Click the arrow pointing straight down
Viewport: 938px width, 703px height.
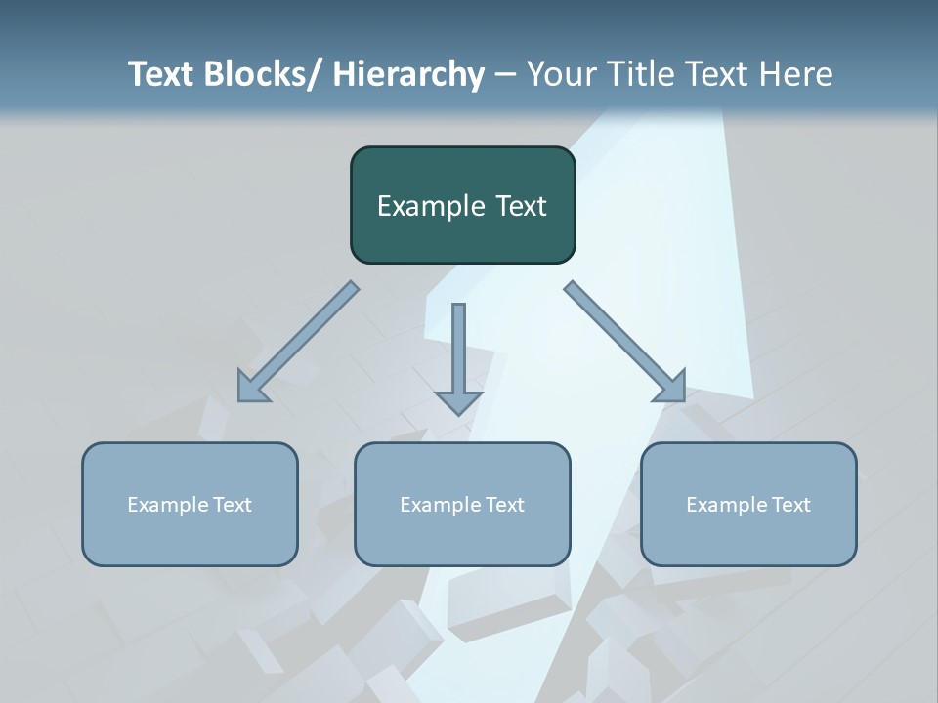click(x=458, y=357)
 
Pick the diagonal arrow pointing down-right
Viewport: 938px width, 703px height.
click(x=624, y=341)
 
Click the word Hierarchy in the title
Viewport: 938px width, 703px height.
click(x=408, y=74)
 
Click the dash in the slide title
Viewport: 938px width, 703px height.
click(x=505, y=74)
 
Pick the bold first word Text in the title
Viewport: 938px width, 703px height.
click(x=160, y=74)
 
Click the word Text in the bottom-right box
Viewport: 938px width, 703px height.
click(x=789, y=505)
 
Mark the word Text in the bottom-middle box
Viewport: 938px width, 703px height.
click(x=503, y=505)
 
